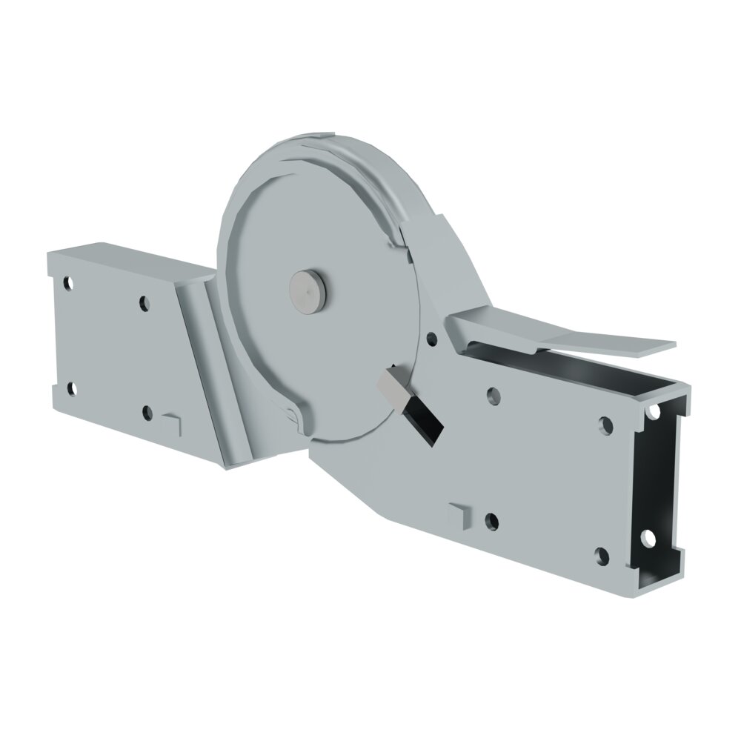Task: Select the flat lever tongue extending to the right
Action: tap(608, 342)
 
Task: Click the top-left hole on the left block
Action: tap(68, 283)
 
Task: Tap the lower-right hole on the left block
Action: tap(147, 412)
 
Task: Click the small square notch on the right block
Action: tap(460, 515)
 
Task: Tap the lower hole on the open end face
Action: tap(648, 537)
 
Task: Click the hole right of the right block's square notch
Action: tap(490, 521)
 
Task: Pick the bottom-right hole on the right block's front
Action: tap(602, 554)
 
